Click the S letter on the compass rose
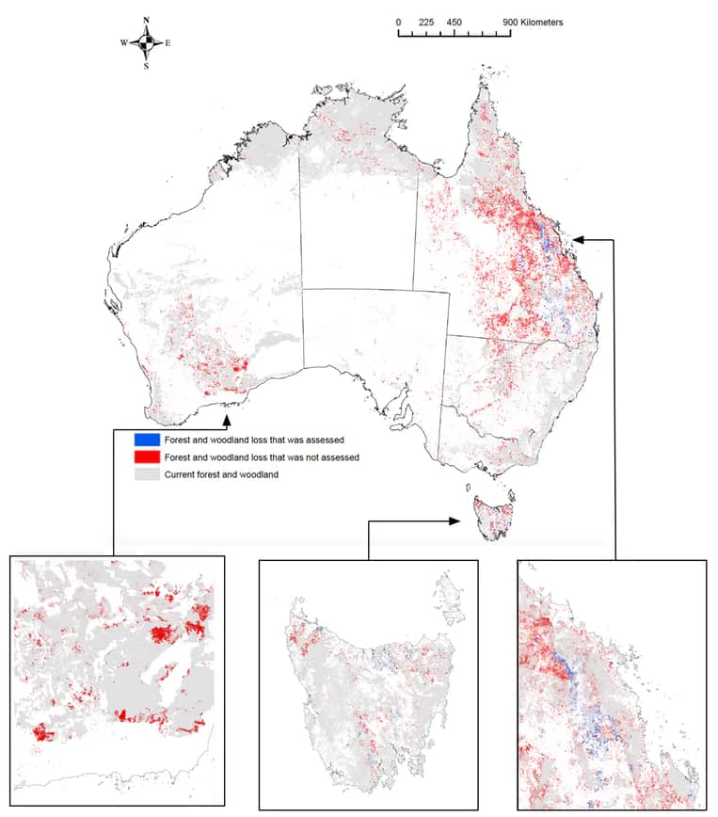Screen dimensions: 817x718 tap(146, 66)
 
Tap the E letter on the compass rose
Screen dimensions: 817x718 tap(168, 43)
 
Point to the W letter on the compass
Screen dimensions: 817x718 tap(123, 43)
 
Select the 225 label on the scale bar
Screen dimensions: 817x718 tap(425, 22)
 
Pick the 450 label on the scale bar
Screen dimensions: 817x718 tap(455, 22)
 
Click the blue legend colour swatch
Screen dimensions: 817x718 tap(145, 439)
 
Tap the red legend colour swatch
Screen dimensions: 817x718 tap(145, 457)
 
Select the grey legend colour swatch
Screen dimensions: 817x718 tap(145, 474)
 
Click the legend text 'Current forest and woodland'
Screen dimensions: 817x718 tap(221, 474)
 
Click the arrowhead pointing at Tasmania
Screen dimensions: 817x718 tap(456, 521)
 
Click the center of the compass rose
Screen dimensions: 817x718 tap(146, 43)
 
